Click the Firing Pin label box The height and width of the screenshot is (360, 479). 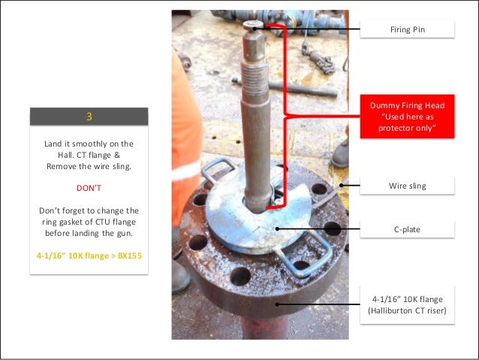coord(407,29)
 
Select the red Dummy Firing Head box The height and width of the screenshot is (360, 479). coord(407,116)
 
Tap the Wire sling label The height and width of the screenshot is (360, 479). coord(407,186)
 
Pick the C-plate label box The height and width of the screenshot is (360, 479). coord(407,229)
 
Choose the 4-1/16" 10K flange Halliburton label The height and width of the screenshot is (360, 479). coord(407,304)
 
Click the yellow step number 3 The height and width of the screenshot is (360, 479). coord(89,116)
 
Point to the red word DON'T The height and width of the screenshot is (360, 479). coord(89,188)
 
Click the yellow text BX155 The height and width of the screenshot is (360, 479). coord(130,256)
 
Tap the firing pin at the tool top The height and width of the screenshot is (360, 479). coord(253,26)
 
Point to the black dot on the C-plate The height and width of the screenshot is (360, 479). coord(277,228)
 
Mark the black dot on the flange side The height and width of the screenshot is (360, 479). coord(277,304)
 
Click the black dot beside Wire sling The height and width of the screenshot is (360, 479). coord(341,185)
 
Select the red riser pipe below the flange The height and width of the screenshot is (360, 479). coord(264,327)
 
